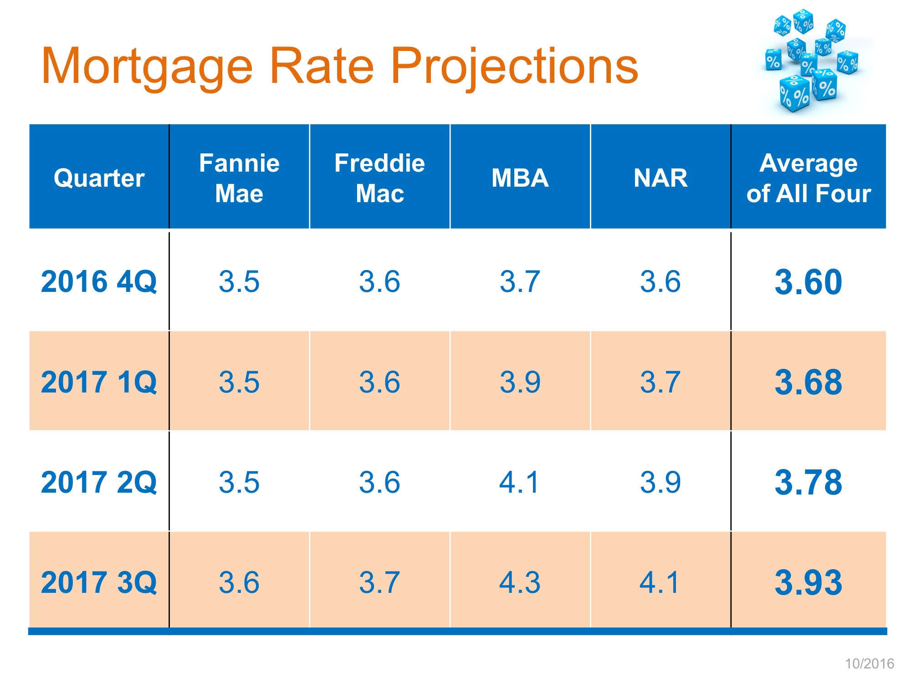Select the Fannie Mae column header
[x=239, y=178]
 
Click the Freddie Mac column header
[x=379, y=178]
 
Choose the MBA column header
[x=520, y=178]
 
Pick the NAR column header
[x=660, y=178]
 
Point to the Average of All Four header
[x=809, y=178]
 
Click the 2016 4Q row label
[x=99, y=281]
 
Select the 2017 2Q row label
[x=99, y=482]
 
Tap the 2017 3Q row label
[x=99, y=582]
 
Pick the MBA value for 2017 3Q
[x=520, y=582]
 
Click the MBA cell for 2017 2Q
[x=520, y=482]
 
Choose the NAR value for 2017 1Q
[x=660, y=382]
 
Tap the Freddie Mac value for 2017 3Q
[x=379, y=582]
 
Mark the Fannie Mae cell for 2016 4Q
[x=239, y=281]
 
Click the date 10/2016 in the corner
[x=870, y=663]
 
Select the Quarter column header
[x=99, y=178]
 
